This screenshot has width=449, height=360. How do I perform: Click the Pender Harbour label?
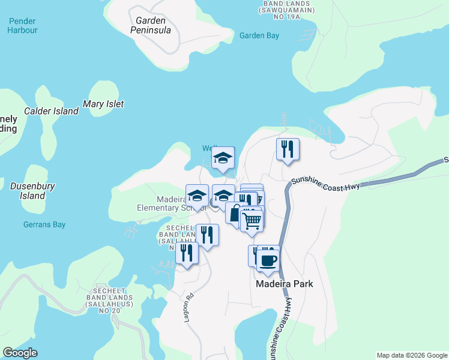[x=23, y=25]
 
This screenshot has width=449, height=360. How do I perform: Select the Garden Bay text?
[x=259, y=35]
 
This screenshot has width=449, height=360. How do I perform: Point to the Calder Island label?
[x=51, y=111]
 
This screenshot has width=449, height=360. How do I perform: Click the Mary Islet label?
[x=103, y=104]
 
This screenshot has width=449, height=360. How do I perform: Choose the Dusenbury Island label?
[x=32, y=191]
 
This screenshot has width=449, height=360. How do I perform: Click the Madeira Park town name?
[x=285, y=284]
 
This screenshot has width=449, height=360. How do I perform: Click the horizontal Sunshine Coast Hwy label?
[x=325, y=184]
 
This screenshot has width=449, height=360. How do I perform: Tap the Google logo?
[x=20, y=353]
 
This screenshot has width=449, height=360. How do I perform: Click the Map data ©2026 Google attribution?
[x=412, y=355]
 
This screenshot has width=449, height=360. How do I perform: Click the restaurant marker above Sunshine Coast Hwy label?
[x=288, y=149]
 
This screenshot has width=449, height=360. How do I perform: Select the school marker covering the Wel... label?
[x=223, y=158]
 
